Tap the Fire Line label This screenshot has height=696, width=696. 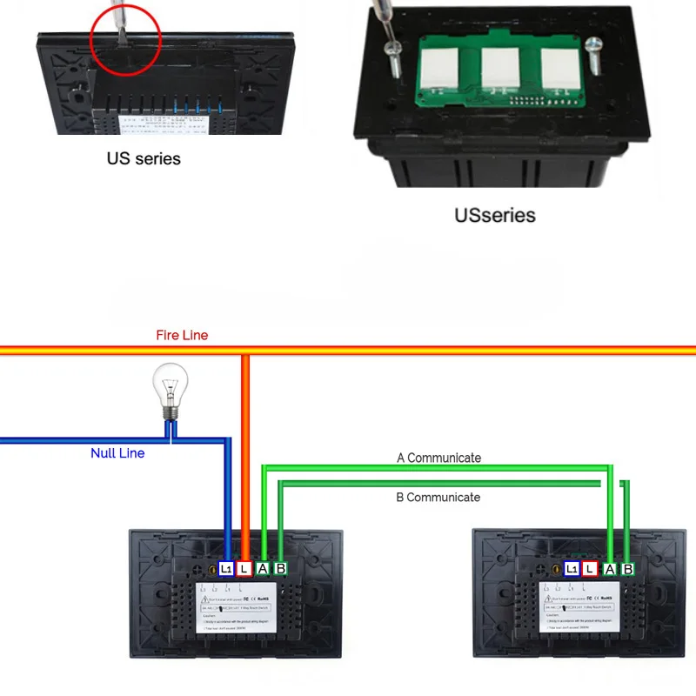[182, 335]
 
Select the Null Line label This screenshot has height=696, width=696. [117, 453]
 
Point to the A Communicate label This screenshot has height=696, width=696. [438, 458]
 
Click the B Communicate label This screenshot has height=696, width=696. [438, 498]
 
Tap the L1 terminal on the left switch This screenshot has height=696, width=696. [226, 569]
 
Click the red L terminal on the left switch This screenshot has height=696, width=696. [244, 569]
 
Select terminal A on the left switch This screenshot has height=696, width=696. [263, 569]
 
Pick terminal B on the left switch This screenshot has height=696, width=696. [280, 569]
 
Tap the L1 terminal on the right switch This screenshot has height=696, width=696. [572, 569]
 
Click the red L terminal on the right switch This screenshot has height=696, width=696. [591, 569]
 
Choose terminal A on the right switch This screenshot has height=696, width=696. [610, 569]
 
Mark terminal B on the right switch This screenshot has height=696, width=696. [627, 569]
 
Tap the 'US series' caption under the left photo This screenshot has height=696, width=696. [144, 158]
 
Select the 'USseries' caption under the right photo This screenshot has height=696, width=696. [495, 215]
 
